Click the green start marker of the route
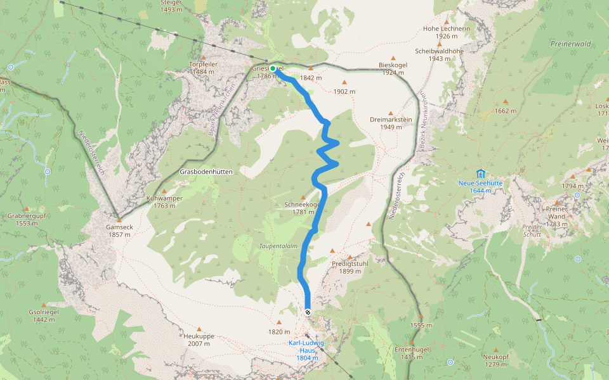pyautogui.click(x=273, y=68)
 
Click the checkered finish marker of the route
pyautogui.click(x=307, y=312)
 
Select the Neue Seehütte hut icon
pyautogui.click(x=480, y=173)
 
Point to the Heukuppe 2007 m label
pyautogui.click(x=199, y=340)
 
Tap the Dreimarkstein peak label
pyautogui.click(x=391, y=123)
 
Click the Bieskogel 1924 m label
pyautogui.click(x=392, y=68)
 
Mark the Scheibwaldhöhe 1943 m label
pyautogui.click(x=439, y=54)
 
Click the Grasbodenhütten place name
pyautogui.click(x=206, y=172)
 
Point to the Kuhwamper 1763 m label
pyautogui.click(x=164, y=201)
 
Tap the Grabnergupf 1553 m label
pyautogui.click(x=27, y=219)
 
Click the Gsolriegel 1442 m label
pyautogui.click(x=44, y=316)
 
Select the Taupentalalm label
pyautogui.click(x=278, y=246)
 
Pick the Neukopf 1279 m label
pyautogui.click(x=496, y=360)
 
